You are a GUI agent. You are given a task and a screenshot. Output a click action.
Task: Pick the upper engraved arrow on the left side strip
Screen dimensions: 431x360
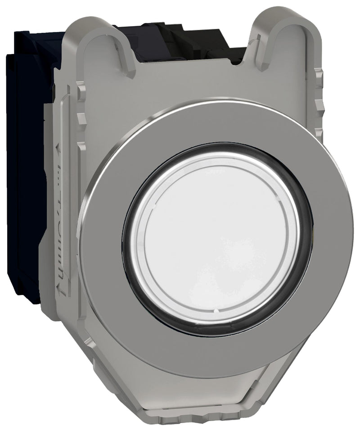coord(57,149)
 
